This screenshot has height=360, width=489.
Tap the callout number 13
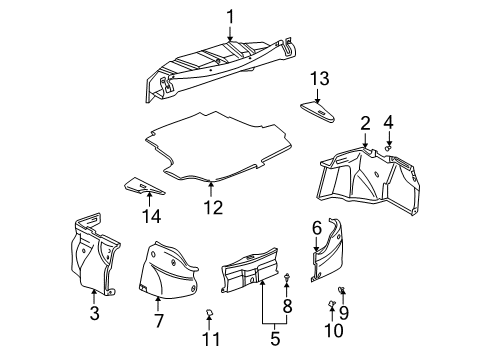[x=319, y=79]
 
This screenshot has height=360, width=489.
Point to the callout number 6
[x=317, y=228]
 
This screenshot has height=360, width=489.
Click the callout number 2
[x=366, y=122]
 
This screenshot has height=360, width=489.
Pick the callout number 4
[x=390, y=122]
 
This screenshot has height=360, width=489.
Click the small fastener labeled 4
[x=389, y=147]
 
